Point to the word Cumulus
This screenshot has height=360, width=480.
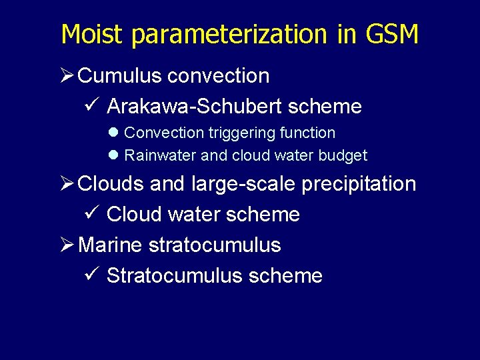pos(120,76)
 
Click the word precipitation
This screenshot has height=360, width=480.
pos(359,185)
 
